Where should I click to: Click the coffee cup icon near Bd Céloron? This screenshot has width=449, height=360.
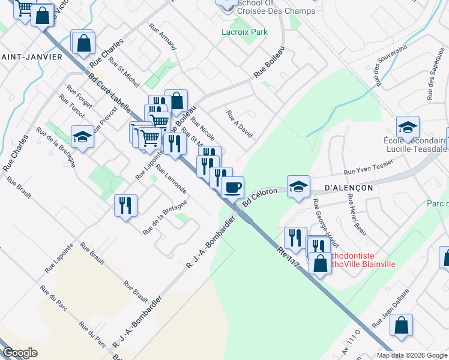[232, 187]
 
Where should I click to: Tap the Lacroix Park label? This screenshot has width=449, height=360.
[244, 32]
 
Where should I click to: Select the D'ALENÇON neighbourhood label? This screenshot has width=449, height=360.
[349, 187]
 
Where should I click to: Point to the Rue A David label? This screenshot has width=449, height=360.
[239, 124]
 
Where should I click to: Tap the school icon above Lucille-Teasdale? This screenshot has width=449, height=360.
[408, 127]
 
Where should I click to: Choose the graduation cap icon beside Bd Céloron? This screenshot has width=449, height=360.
[298, 185]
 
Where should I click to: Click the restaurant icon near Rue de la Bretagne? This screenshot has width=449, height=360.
[126, 205]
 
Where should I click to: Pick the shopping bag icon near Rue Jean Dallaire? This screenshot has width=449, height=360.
[401, 325]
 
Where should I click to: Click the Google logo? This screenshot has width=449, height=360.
[20, 353]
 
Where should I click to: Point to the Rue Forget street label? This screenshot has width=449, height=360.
[80, 95]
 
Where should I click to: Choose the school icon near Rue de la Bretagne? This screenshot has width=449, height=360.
[82, 136]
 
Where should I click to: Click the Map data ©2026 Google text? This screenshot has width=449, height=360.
[412, 355]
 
